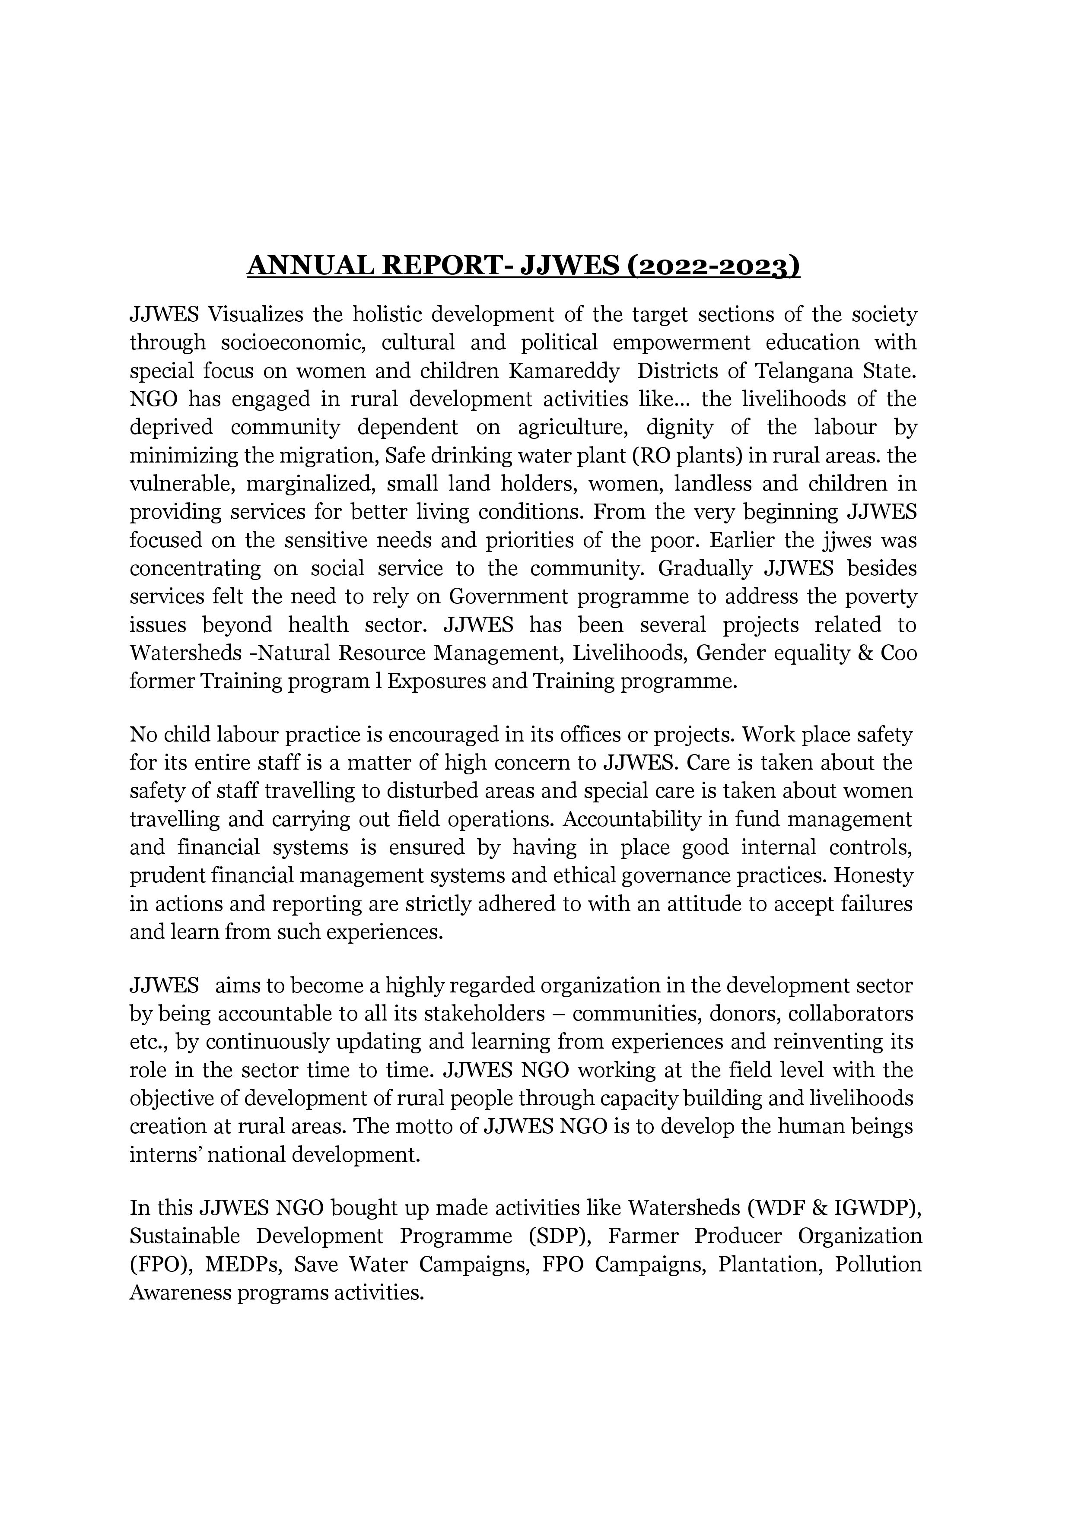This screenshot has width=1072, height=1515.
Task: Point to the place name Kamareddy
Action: click(x=564, y=371)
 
